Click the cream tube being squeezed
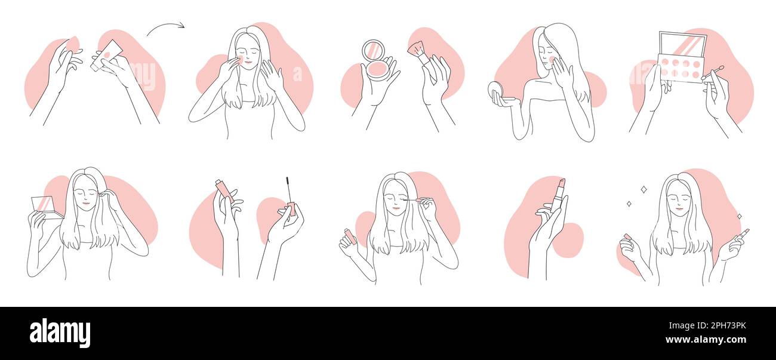[x=107, y=55]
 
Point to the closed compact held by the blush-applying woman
[x=495, y=91]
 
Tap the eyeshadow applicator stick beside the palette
[x=713, y=73]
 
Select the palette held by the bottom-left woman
[x=44, y=207]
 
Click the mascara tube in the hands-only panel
[x=224, y=190]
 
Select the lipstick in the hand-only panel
[x=558, y=195]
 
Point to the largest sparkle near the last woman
[x=643, y=190]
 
